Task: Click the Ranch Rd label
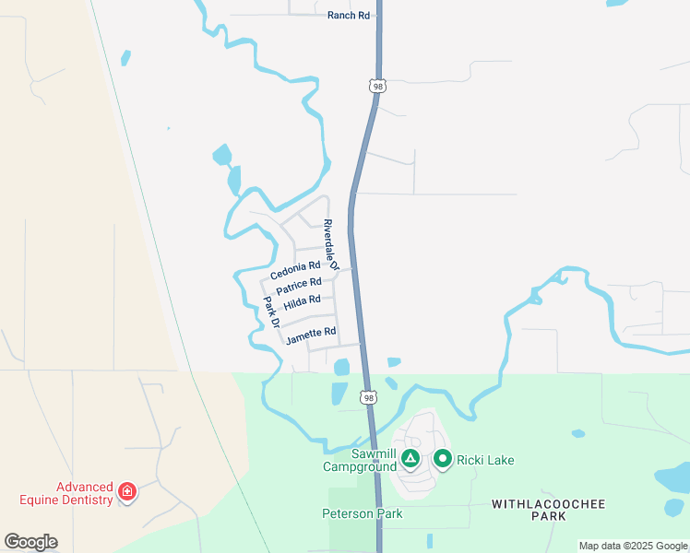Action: (348, 16)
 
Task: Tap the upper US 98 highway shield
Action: (376, 86)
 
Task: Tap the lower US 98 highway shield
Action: (368, 398)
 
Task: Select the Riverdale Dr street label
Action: (332, 244)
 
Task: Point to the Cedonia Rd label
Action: (295, 270)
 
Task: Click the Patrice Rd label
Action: (299, 287)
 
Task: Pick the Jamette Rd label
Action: (311, 335)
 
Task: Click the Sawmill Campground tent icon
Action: (410, 458)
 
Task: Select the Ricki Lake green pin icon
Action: (443, 458)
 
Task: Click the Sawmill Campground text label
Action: (360, 460)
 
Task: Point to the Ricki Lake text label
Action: (484, 460)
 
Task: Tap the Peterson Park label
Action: (363, 513)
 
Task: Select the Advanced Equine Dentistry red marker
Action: (127, 493)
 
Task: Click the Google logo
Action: (30, 542)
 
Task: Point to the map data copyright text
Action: (634, 546)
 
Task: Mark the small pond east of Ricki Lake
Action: (577, 433)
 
